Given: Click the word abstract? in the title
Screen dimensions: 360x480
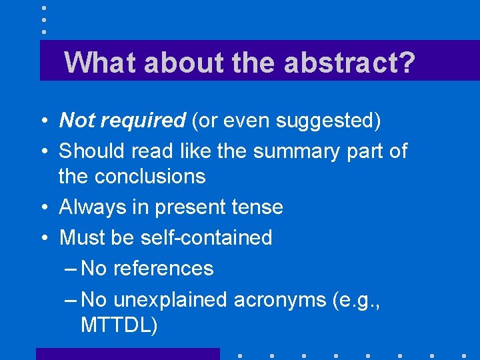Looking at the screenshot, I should [349, 63].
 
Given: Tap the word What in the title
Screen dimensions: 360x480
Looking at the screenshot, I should [100, 63].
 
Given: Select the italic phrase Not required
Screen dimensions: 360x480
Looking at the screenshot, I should [122, 121].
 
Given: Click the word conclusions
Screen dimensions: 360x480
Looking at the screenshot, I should [150, 177].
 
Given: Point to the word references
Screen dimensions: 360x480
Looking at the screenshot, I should [163, 269].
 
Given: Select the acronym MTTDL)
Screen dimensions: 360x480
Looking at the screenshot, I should [119, 325].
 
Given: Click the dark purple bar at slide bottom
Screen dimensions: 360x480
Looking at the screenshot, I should [127, 354].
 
